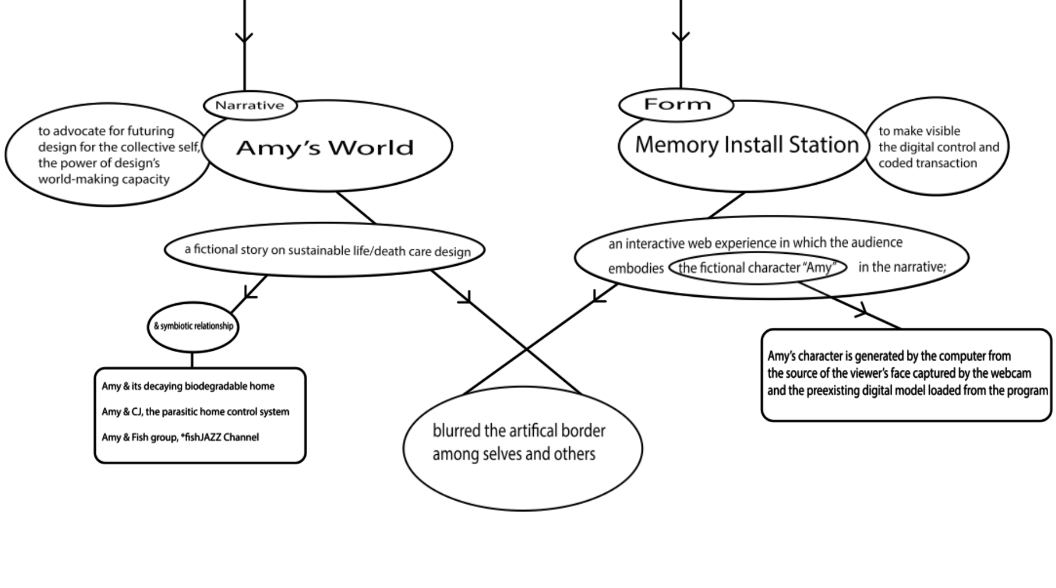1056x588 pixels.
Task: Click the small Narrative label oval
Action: tap(250, 106)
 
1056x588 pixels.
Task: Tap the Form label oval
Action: tap(677, 105)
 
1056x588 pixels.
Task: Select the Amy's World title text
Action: tap(325, 148)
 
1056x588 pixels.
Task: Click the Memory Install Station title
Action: tap(746, 145)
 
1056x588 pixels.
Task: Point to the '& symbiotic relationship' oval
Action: tap(193, 326)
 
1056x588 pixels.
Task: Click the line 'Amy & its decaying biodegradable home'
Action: tap(188, 386)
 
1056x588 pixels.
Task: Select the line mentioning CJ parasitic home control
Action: tap(195, 412)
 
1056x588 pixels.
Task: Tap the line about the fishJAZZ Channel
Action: tap(180, 438)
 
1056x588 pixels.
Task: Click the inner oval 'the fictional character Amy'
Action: tap(756, 268)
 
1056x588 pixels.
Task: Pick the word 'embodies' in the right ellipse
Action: tap(635, 269)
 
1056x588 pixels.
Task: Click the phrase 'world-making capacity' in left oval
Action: tap(104, 179)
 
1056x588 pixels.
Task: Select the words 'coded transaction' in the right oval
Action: tap(927, 163)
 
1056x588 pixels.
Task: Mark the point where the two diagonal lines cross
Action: tap(526, 349)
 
